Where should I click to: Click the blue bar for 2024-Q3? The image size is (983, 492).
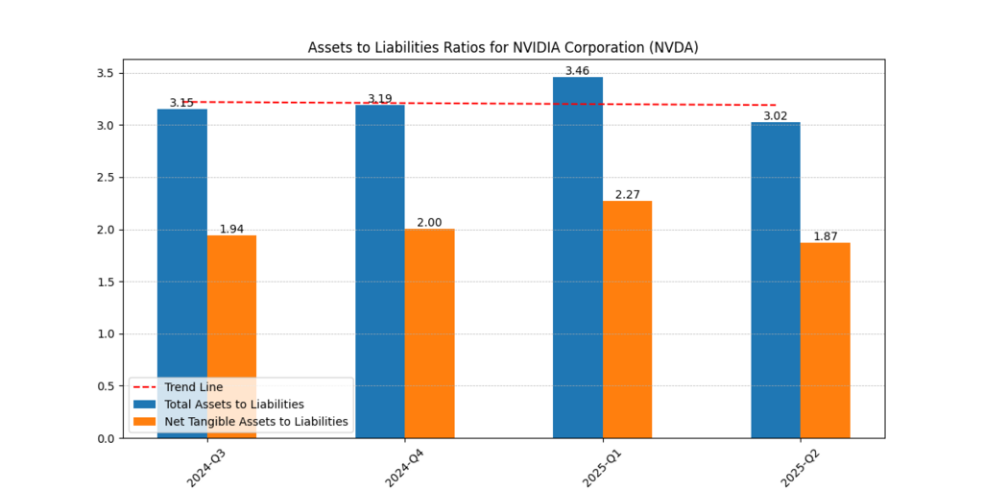point(182,240)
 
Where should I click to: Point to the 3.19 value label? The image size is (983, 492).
point(380,99)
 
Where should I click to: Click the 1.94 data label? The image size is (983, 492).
point(231,229)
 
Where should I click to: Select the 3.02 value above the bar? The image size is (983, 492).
point(776,116)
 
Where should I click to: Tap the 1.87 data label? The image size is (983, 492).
point(825,236)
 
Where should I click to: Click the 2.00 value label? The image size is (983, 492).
point(429,223)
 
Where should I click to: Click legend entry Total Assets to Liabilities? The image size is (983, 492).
point(234,405)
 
